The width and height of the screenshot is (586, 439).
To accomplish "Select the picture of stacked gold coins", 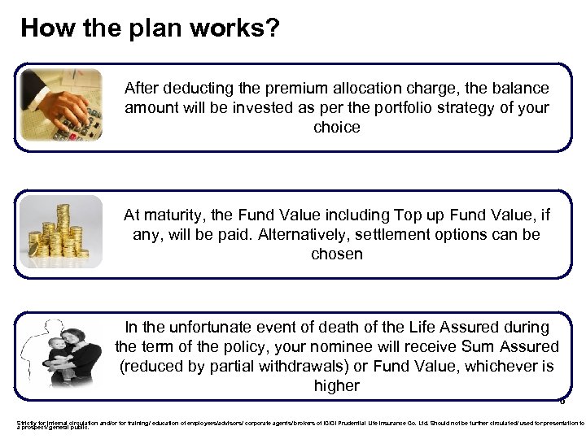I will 61,231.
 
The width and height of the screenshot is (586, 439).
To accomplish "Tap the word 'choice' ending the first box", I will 336,128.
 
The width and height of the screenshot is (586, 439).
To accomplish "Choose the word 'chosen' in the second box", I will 336,254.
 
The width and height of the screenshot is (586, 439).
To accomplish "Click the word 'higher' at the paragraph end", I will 336,386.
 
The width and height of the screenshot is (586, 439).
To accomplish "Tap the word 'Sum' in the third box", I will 484,347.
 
